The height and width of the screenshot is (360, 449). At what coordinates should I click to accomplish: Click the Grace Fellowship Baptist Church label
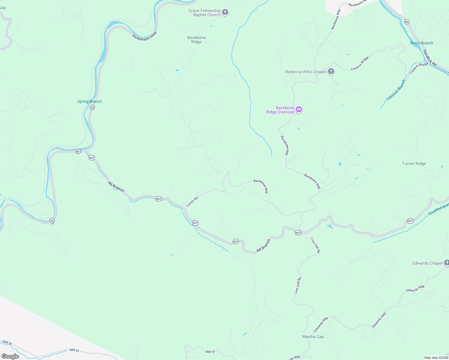coord(204,13)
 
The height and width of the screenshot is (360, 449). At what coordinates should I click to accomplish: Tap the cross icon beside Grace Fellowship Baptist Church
coord(225,13)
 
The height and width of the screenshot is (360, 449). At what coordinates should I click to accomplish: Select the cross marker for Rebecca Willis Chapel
coord(331,72)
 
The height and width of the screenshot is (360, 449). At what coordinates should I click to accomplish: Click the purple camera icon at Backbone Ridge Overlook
coord(299,109)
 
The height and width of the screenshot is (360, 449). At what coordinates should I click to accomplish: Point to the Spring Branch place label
coord(89,101)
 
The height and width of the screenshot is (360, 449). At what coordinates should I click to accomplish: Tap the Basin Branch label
coord(421,43)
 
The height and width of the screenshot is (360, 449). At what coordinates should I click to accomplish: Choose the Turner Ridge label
coord(414,163)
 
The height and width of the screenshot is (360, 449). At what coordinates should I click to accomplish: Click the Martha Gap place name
coord(313,337)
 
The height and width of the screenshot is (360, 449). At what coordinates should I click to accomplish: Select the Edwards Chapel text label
coord(427,263)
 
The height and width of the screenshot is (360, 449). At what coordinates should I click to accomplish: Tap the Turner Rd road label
coord(192,202)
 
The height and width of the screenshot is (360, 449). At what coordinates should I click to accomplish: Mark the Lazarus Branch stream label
coord(396,90)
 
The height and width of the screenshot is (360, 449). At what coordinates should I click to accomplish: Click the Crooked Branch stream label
coord(438,209)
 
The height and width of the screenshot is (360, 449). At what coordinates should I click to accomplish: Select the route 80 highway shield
coord(407,22)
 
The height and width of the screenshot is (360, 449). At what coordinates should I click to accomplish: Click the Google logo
coord(10,356)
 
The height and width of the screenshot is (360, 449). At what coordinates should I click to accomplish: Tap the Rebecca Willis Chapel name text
coord(306,72)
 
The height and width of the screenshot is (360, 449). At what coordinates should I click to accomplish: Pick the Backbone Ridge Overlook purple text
coord(280,110)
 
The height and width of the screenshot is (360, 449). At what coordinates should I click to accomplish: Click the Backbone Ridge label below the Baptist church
coord(197,40)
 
